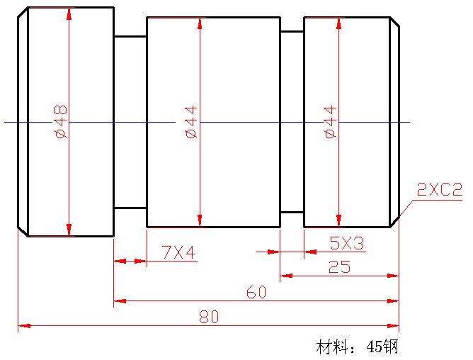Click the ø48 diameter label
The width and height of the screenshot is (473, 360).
60,121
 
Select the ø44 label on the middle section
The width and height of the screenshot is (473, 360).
191,122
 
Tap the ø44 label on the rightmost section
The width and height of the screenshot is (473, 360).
330,122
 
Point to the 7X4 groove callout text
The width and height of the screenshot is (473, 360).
178,252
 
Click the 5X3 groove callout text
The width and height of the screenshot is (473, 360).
347,243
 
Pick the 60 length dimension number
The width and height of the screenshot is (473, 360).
256,292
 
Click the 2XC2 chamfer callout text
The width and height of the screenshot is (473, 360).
439,190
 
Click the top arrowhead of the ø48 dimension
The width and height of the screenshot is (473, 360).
69,13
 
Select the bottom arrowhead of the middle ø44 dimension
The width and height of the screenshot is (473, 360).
200,220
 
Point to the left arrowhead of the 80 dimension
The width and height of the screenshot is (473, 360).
24,326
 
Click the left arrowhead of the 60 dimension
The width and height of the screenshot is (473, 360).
120,301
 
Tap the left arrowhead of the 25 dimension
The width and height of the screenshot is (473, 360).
285,276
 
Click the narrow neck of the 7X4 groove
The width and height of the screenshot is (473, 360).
130,122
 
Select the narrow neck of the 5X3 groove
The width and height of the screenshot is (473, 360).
292,122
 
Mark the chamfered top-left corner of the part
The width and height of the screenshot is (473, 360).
23,12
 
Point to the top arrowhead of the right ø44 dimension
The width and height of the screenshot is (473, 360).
338,23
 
